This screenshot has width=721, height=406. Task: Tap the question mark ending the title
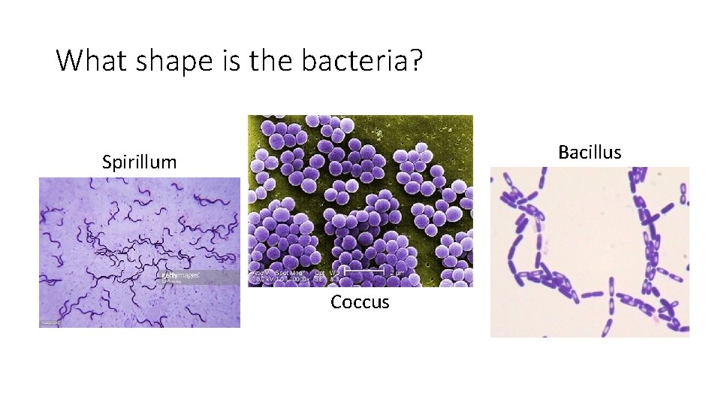pyautogui.click(x=416, y=60)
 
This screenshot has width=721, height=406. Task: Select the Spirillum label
pyautogui.click(x=140, y=162)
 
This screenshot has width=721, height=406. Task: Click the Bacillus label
pyautogui.click(x=590, y=152)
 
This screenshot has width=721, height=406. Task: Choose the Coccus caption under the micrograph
pyautogui.click(x=360, y=302)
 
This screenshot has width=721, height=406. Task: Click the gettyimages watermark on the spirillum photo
pyautogui.click(x=180, y=276)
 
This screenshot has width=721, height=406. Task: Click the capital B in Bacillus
pyautogui.click(x=563, y=152)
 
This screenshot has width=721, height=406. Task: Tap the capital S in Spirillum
pyautogui.click(x=107, y=162)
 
